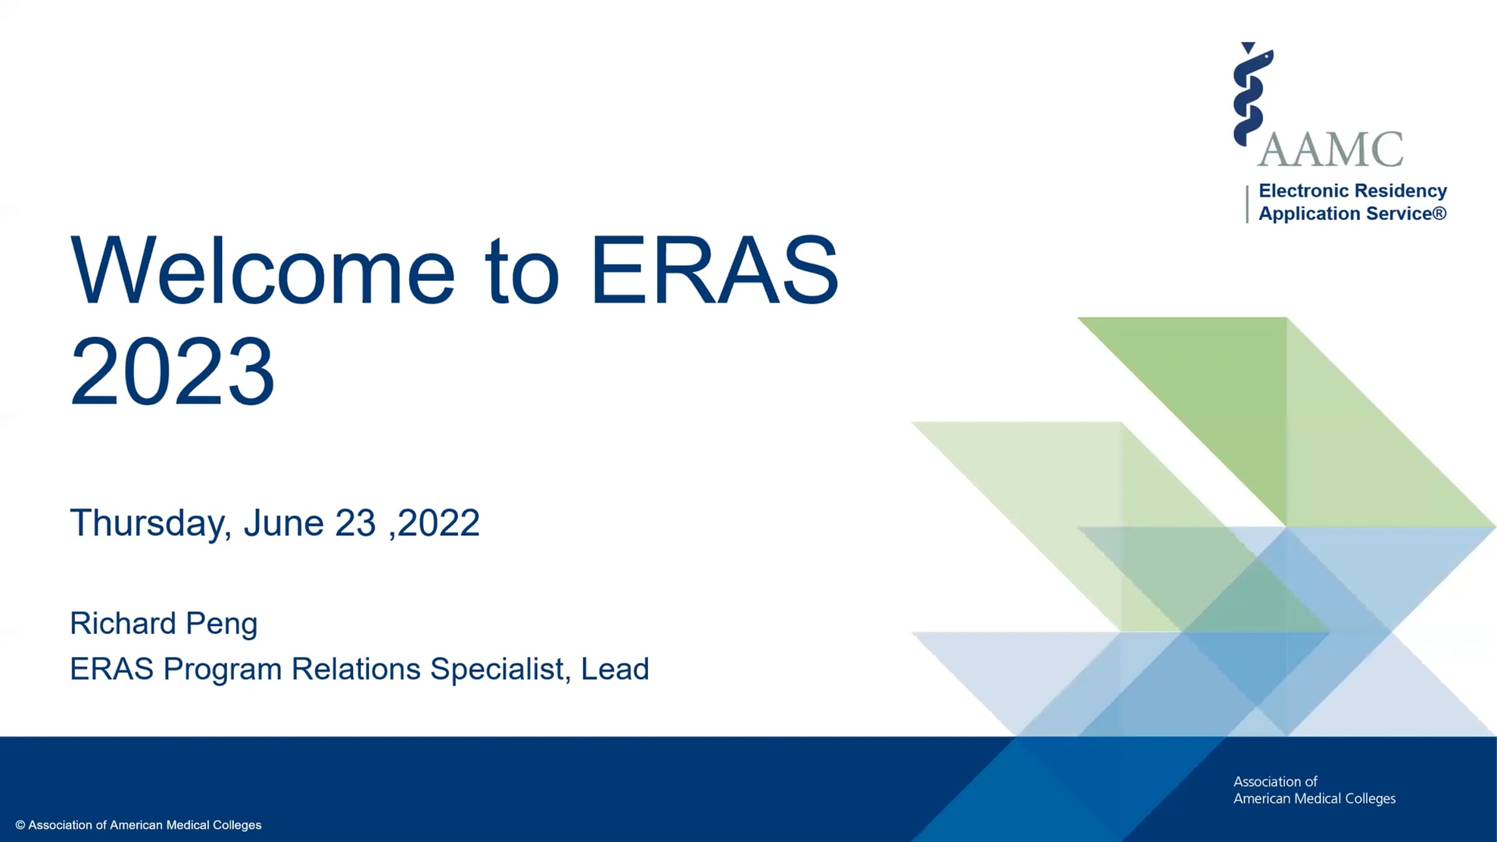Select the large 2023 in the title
click(172, 370)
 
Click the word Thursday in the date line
click(150, 523)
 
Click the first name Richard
click(123, 623)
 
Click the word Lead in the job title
click(615, 669)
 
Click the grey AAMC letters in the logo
click(1330, 150)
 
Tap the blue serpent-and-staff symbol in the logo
click(1252, 94)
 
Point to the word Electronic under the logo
click(1302, 190)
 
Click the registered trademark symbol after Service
click(1439, 213)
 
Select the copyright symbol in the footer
click(21, 825)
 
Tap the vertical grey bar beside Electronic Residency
click(1247, 204)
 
